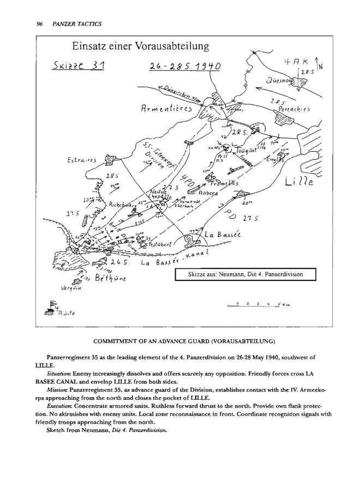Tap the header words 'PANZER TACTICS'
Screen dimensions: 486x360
coord(74,24)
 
